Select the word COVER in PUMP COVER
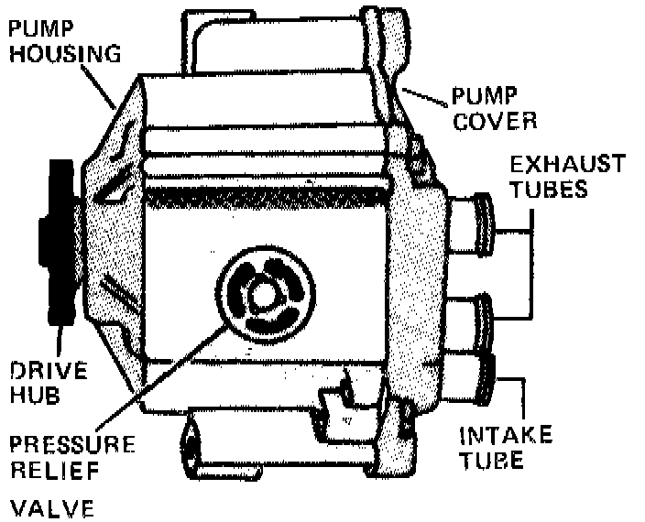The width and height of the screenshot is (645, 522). (493, 120)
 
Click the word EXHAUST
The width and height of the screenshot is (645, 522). (567, 165)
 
